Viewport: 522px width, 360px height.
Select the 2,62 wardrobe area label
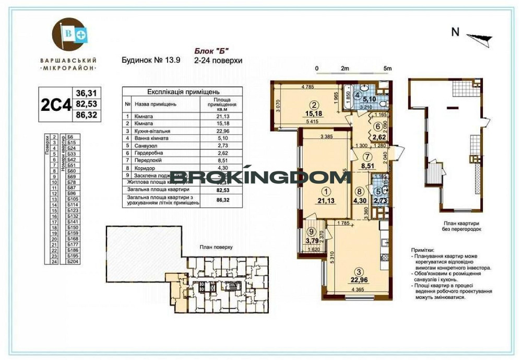tap(379, 138)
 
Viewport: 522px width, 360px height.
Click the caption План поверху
tap(215, 248)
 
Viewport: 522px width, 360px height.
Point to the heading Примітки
tap(422, 251)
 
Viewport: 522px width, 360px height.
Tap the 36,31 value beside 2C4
tap(87, 92)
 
